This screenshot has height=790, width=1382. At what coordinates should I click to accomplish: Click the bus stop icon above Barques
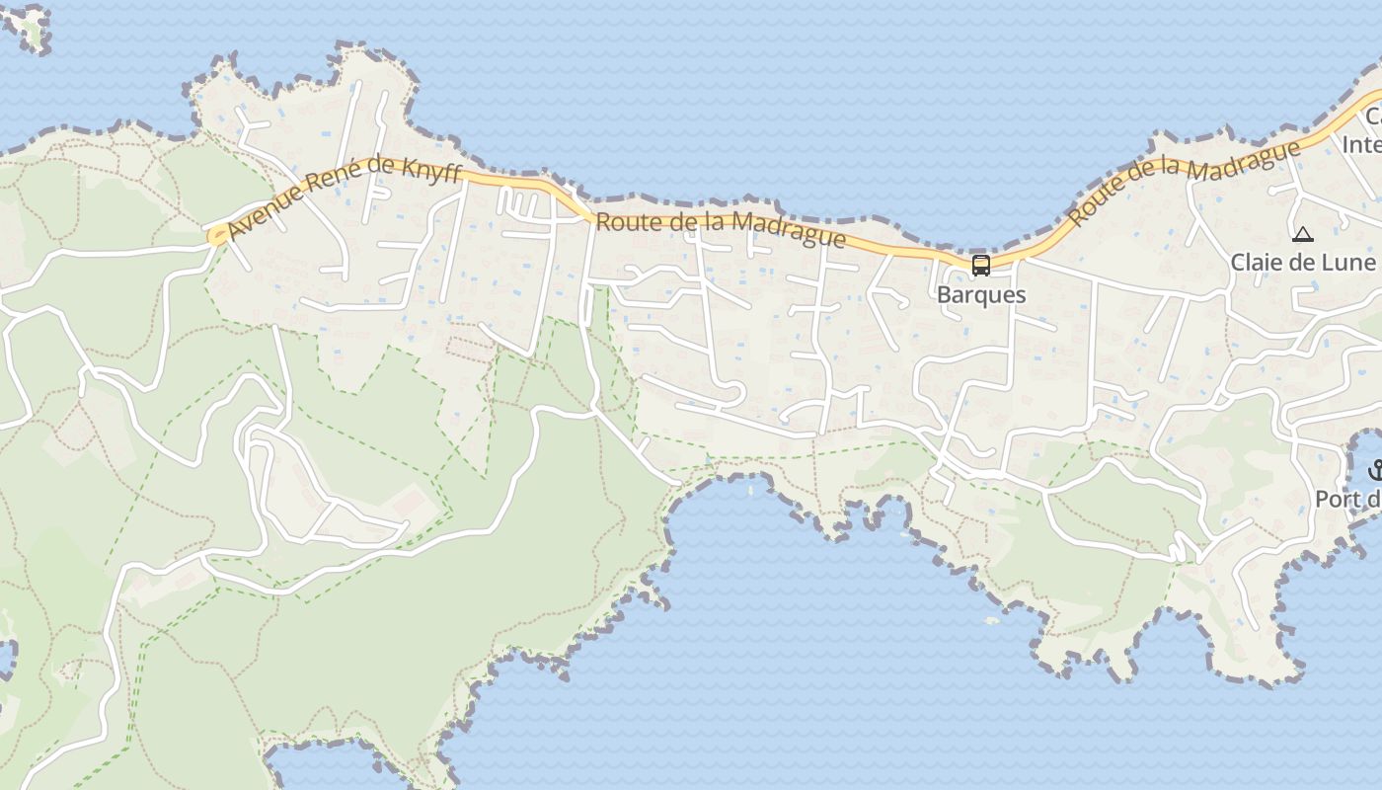[980, 265]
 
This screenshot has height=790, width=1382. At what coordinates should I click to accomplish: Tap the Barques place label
[980, 294]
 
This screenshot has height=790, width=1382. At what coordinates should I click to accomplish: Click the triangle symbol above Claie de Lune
[1303, 235]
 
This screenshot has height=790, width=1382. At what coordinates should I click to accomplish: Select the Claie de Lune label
[1302, 262]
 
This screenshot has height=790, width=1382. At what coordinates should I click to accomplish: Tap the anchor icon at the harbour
[1375, 471]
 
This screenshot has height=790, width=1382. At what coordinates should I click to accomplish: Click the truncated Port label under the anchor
[1348, 500]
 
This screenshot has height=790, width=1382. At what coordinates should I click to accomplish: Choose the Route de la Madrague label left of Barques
[721, 229]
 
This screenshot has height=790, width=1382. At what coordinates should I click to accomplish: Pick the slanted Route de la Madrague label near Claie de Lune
[1185, 182]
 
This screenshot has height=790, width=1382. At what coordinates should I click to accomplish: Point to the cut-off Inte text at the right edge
[1361, 144]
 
